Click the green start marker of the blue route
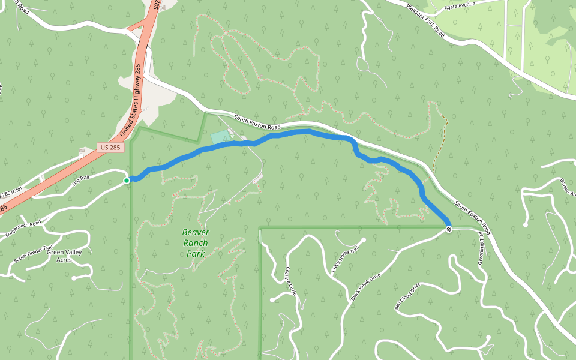127,180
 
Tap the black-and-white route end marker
449,229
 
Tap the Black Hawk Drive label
365,286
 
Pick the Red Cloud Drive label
407,296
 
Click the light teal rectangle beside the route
220,137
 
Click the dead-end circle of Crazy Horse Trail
364,239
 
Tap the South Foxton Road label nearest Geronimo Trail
473,218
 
